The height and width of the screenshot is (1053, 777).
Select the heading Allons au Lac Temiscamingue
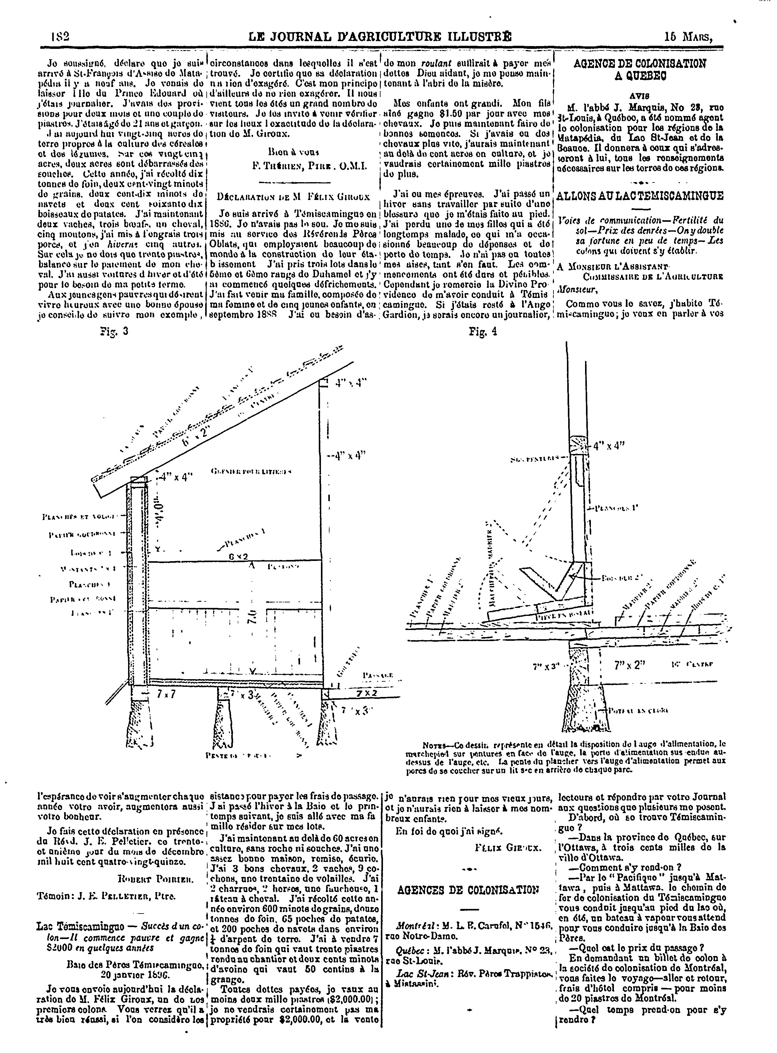click(640, 196)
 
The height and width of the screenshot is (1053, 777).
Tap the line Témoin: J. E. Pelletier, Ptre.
click(106, 896)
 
